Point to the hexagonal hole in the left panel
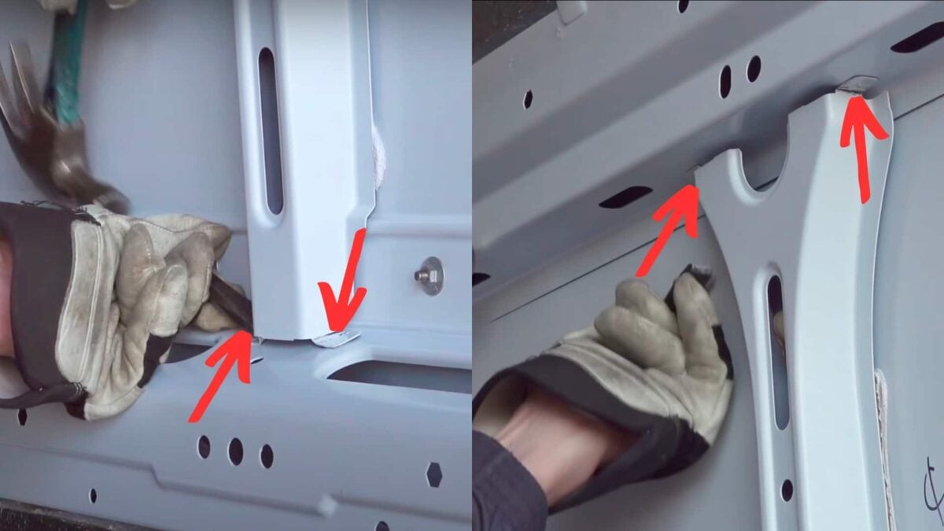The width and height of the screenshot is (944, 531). coord(433,474)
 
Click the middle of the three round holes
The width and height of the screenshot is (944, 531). coord(235,450)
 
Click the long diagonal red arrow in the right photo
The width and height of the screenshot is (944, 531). coord(669,228)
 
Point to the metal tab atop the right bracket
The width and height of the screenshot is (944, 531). coord(857,84)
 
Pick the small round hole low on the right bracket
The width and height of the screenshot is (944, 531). coord(787,489)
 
